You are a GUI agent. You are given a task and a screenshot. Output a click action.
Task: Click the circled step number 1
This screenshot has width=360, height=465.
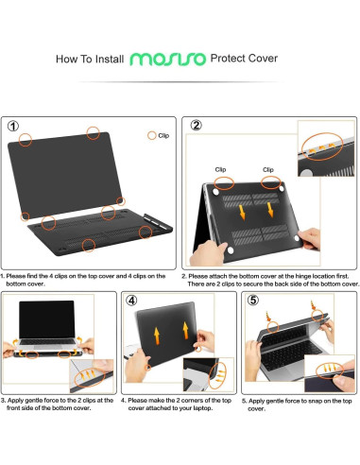click(15, 125)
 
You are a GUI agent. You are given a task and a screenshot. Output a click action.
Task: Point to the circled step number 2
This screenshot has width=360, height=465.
click(196, 125)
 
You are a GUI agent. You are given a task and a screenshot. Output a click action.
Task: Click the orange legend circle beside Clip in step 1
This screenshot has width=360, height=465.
click(150, 136)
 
